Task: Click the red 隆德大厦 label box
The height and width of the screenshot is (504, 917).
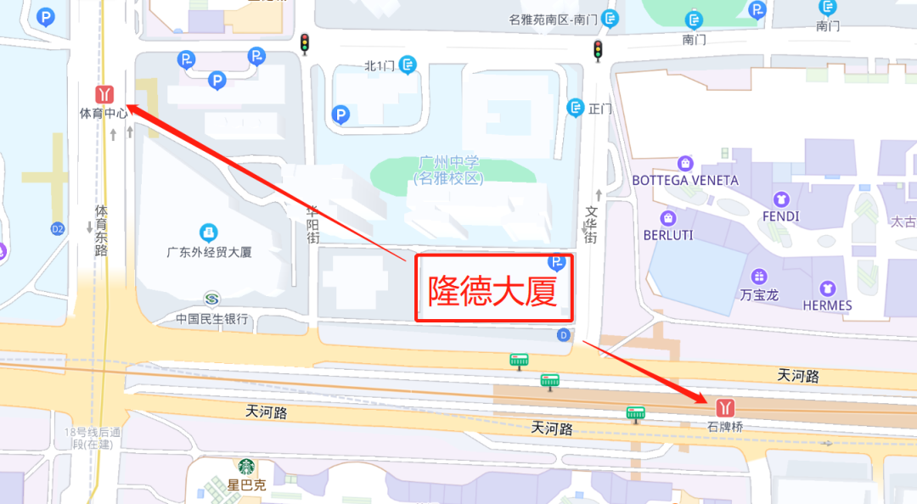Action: (x=493, y=288)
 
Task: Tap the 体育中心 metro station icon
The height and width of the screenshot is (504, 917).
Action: (x=104, y=94)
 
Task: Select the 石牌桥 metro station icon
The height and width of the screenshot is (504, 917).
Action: (x=725, y=406)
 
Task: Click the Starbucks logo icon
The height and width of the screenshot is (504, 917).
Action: (x=246, y=468)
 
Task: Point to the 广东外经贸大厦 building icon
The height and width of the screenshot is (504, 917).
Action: (x=208, y=232)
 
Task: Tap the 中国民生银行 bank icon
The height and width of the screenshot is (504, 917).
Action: (x=211, y=299)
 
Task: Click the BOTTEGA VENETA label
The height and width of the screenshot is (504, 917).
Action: (x=685, y=180)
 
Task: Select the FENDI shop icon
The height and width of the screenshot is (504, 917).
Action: (x=781, y=199)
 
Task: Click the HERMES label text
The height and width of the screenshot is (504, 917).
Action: (x=827, y=305)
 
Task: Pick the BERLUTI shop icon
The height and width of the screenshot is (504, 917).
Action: (x=668, y=217)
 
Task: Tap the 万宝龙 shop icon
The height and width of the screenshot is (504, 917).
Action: (x=758, y=277)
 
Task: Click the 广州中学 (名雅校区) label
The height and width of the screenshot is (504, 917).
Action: (x=447, y=171)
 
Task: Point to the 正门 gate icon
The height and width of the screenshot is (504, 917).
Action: (x=576, y=108)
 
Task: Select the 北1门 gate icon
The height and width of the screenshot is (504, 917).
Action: (x=408, y=64)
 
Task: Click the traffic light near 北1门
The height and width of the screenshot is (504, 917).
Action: (x=304, y=44)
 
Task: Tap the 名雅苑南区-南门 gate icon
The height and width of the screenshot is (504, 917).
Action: (x=609, y=19)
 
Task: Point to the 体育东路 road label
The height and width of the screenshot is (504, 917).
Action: (x=101, y=230)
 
